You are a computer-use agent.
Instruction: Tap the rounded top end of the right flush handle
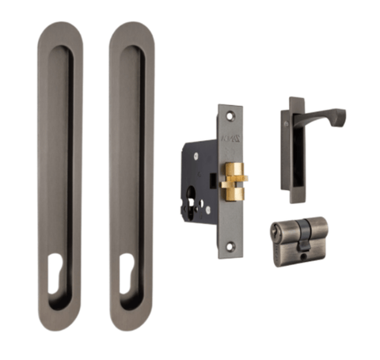pyautogui.click(x=131, y=32)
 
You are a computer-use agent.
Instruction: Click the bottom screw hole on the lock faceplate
pyautogui.click(x=230, y=246)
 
